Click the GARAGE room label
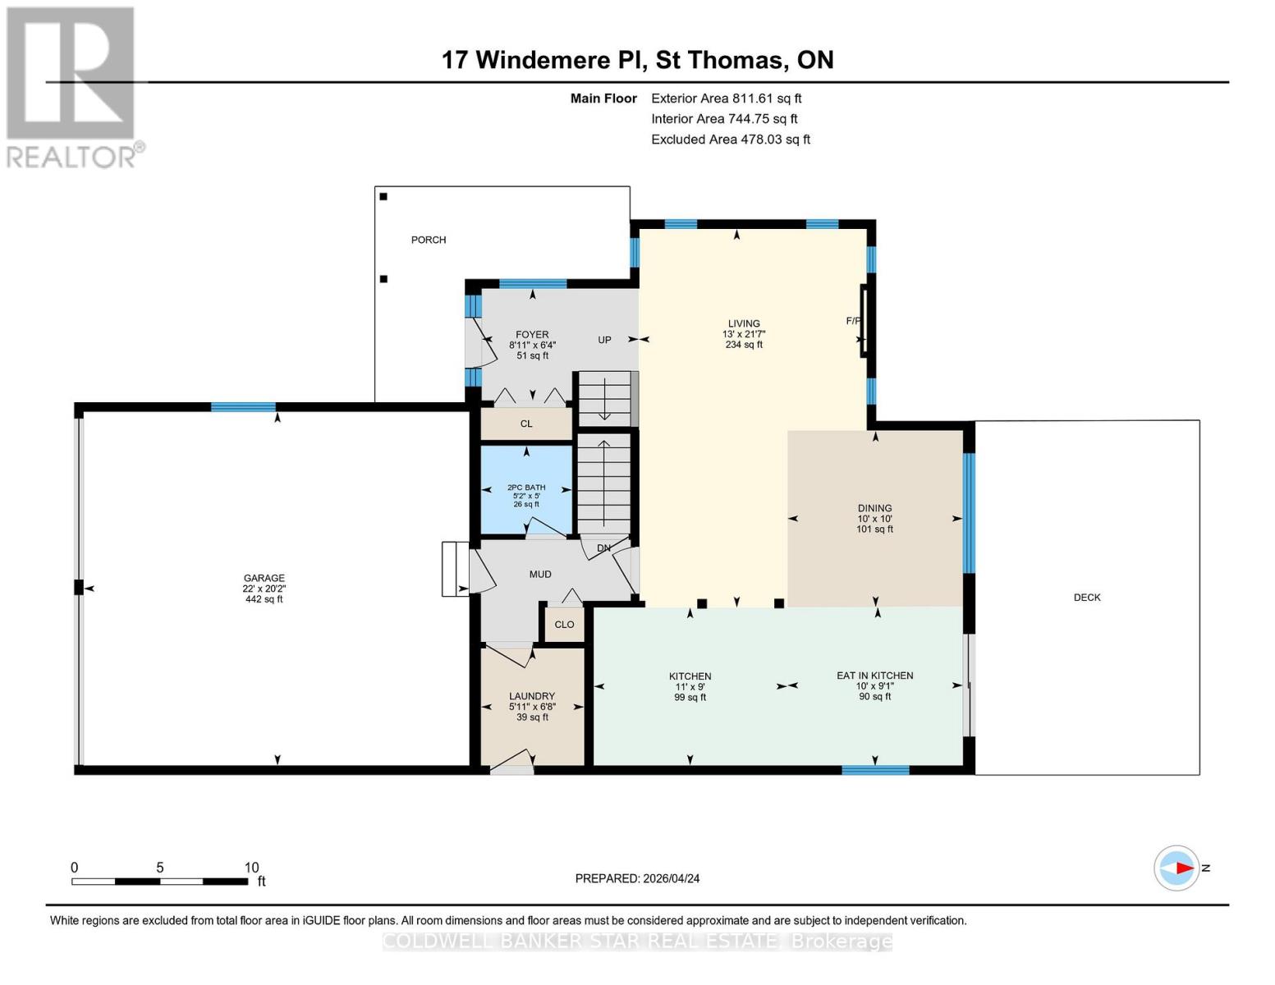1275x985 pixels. pos(264,578)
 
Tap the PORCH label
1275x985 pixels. pos(429,240)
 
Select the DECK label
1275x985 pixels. pos(1086,598)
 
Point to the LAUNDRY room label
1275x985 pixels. pos(532,696)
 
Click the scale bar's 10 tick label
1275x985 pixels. pos(251,868)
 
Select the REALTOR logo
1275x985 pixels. pos(72,87)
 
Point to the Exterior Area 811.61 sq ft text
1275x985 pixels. pos(726,98)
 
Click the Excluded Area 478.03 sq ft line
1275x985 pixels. pos(731,140)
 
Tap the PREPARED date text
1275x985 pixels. pos(637,878)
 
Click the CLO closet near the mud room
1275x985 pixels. pos(564,625)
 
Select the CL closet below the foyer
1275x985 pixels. pos(526,424)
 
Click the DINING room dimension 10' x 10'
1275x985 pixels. pos(874,519)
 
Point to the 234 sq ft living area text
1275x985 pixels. pos(744,345)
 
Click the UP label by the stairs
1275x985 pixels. pos(604,340)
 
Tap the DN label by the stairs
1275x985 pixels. pos(603,548)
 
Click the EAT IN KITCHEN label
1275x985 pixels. pos(874,676)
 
